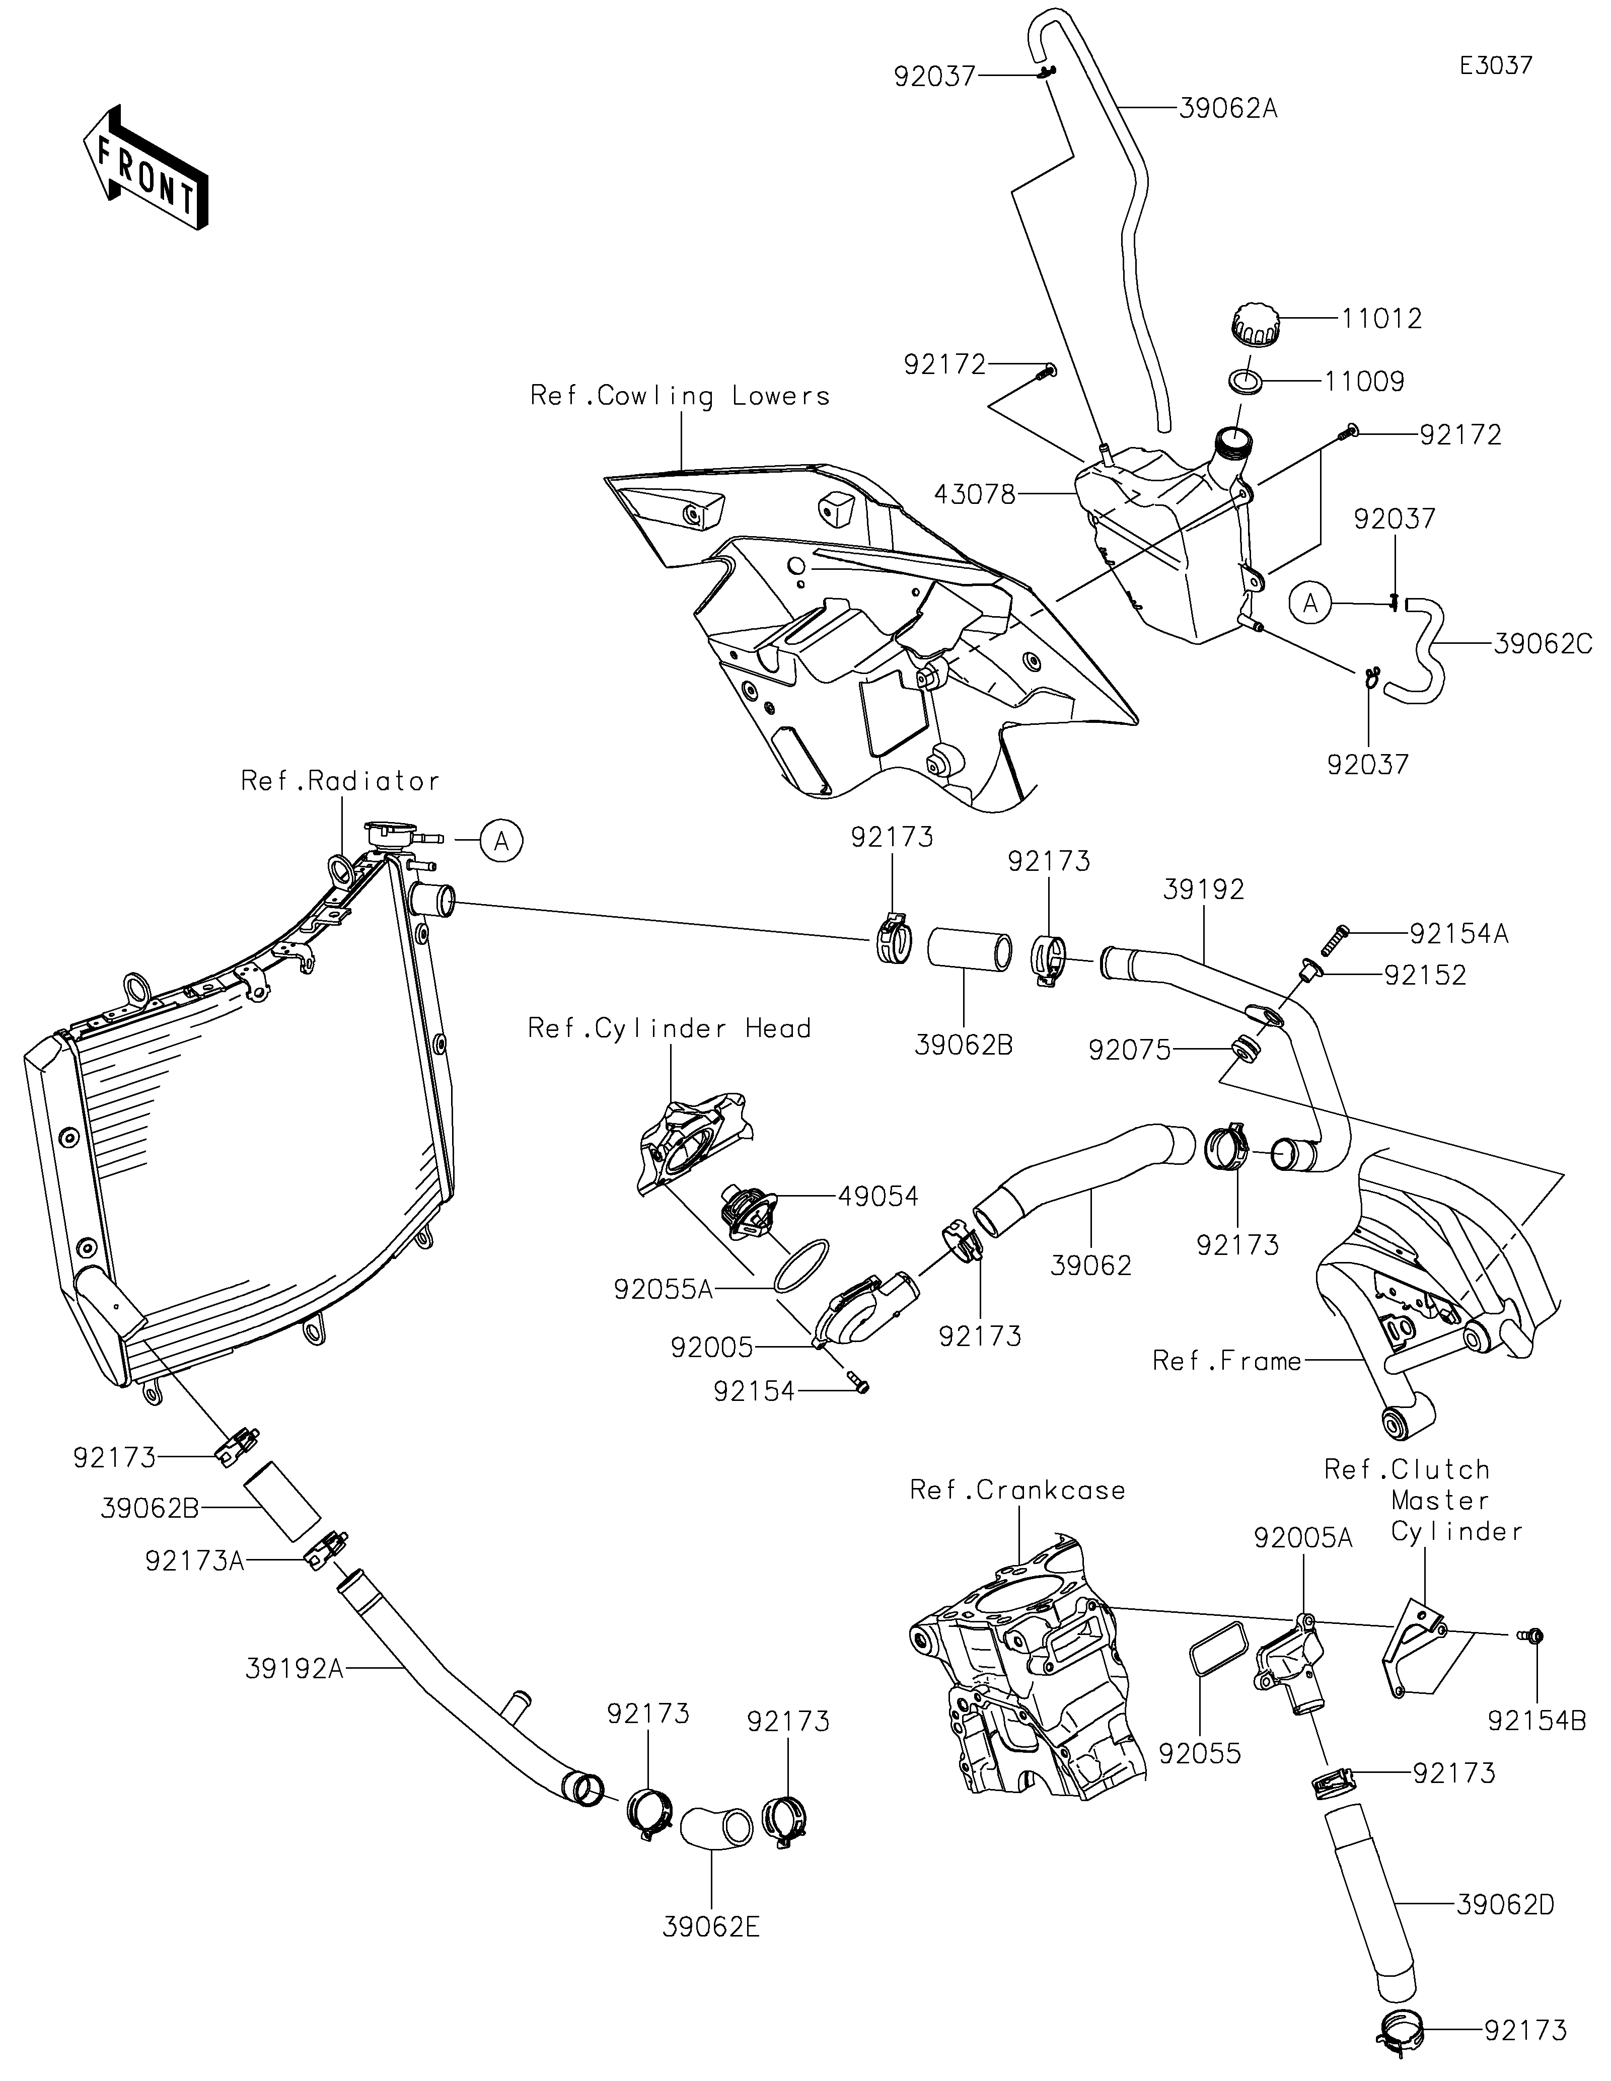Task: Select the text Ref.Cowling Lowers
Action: pyautogui.click(x=679, y=396)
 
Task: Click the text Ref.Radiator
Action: pyautogui.click(x=340, y=781)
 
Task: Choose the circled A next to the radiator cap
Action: pyautogui.click(x=501, y=841)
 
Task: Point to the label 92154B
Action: pyautogui.click(x=1536, y=1721)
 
